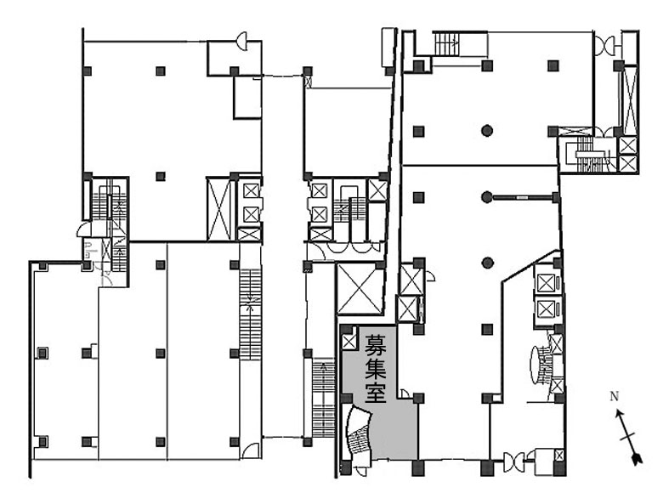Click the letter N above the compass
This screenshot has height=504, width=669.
615,396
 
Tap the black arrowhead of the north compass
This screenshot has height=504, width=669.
637,459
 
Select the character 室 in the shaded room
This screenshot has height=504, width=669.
375,392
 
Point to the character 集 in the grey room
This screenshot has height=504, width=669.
375,367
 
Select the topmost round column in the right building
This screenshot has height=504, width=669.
487,131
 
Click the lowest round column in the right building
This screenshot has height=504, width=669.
487,263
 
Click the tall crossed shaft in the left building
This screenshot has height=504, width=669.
218,209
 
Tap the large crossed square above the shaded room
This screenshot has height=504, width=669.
360,288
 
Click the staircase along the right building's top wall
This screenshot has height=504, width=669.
446,44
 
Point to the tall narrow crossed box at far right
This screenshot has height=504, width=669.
630,100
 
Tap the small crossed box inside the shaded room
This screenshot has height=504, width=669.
349,341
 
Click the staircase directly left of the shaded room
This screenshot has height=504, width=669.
323,398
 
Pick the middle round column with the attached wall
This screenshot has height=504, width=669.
487,197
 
